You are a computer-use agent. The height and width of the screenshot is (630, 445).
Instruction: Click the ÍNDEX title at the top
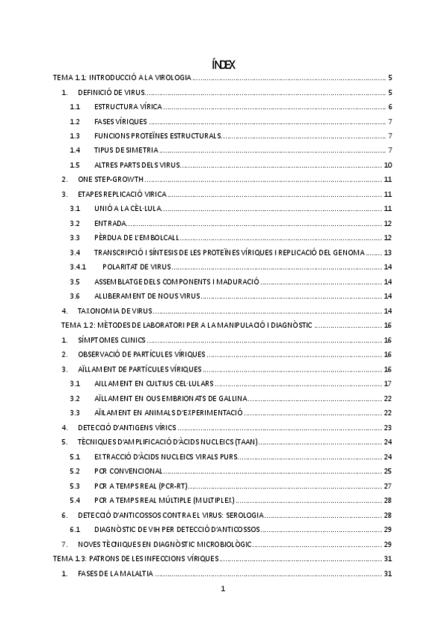click(223, 65)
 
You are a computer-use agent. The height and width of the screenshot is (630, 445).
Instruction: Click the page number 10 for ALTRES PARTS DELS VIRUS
click(388, 165)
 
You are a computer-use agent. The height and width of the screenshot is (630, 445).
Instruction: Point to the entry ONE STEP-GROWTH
click(111, 180)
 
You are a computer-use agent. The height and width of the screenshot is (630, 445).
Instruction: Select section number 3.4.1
click(78, 267)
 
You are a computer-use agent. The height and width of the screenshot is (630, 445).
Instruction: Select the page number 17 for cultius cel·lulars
click(388, 383)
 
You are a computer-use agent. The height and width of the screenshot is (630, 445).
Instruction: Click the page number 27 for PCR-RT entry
click(388, 486)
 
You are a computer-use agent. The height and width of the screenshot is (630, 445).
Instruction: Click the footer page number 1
click(223, 590)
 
